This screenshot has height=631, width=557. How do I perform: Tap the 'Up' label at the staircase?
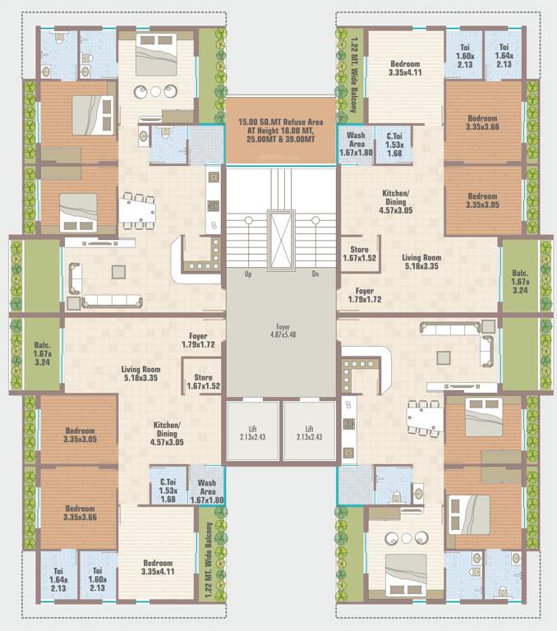click(x=247, y=275)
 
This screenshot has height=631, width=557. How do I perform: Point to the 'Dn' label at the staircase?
click(x=315, y=275)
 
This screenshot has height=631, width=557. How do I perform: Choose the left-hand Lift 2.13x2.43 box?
click(x=253, y=432)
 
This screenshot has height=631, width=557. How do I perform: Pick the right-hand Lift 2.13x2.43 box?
click(x=309, y=432)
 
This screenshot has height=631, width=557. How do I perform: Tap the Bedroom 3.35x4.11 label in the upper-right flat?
click(x=405, y=67)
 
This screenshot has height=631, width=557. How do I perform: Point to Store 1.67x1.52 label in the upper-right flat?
click(x=361, y=253)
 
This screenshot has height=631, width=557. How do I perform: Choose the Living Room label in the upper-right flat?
click(x=422, y=261)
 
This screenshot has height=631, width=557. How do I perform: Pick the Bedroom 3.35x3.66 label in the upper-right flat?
click(x=482, y=122)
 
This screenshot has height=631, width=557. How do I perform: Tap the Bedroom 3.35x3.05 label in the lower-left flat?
click(x=81, y=435)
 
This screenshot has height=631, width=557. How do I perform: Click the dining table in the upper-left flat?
click(x=137, y=210)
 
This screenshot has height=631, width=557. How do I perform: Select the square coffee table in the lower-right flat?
click(x=444, y=357)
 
